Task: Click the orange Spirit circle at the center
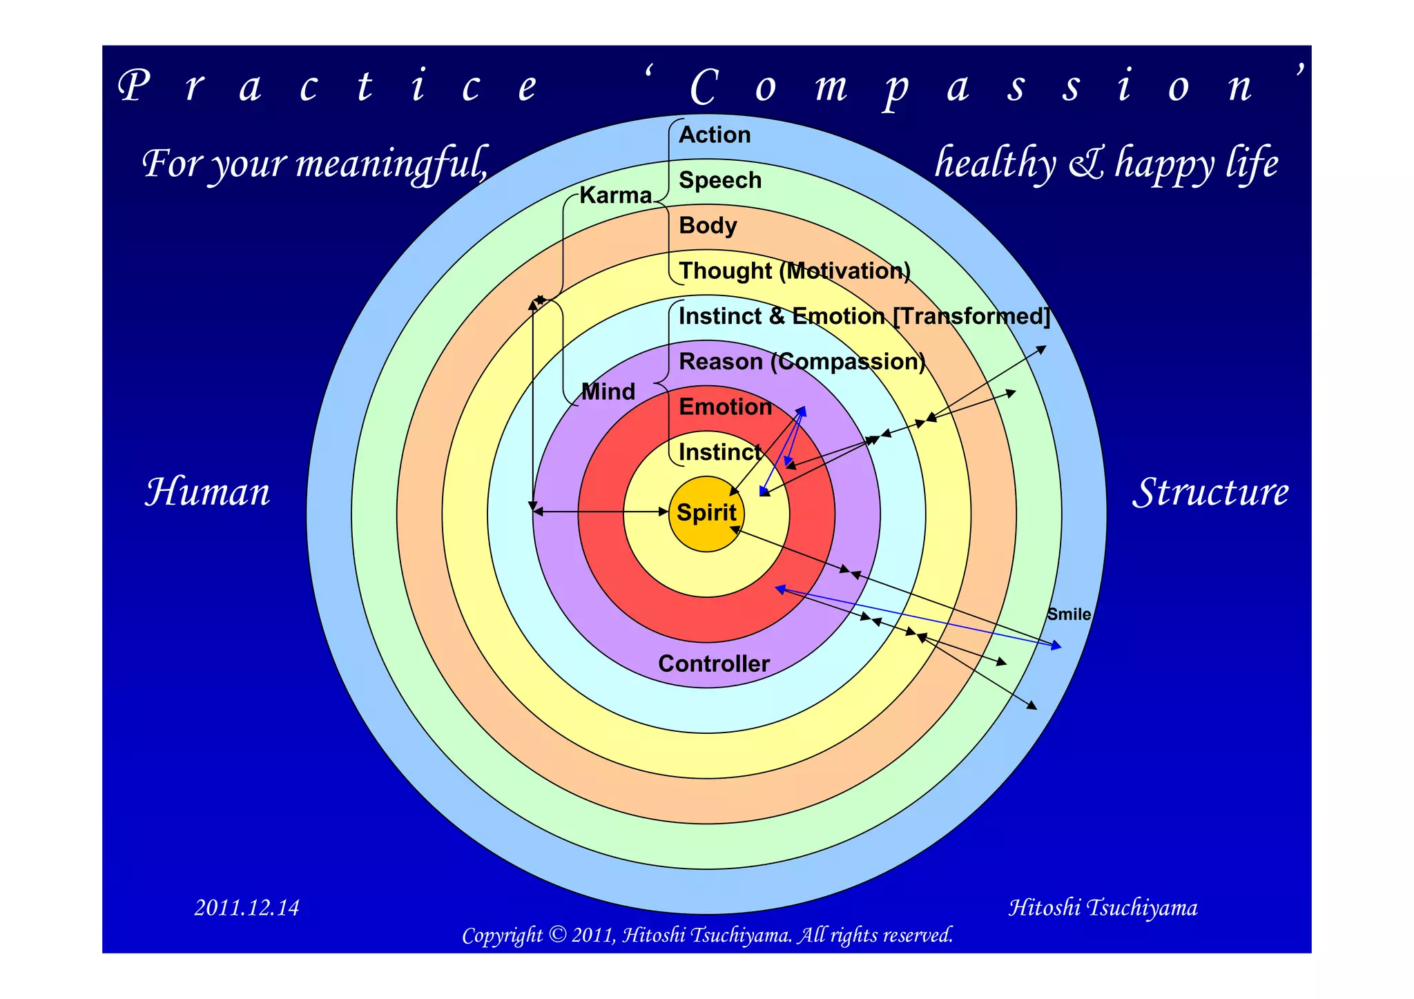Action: click(x=706, y=514)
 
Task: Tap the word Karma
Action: click(x=615, y=195)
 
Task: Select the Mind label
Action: click(x=608, y=391)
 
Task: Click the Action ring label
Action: click(x=715, y=135)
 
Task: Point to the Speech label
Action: click(x=720, y=180)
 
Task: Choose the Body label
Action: click(x=708, y=226)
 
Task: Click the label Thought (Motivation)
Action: click(x=795, y=271)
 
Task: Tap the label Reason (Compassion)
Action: click(x=802, y=362)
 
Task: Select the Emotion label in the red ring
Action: click(x=725, y=407)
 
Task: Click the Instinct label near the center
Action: click(x=719, y=452)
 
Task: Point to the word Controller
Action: click(x=714, y=663)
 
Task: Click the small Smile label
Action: click(x=1069, y=614)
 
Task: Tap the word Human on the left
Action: click(x=207, y=492)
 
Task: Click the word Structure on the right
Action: click(x=1210, y=492)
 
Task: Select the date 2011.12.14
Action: click(x=246, y=907)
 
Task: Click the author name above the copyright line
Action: click(x=1103, y=907)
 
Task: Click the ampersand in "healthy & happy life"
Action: click(x=1086, y=164)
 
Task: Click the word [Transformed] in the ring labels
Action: click(x=971, y=316)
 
